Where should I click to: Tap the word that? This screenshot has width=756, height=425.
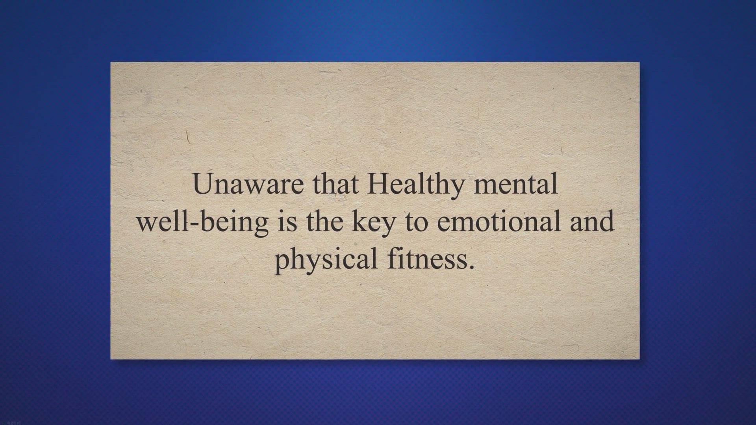(x=336, y=184)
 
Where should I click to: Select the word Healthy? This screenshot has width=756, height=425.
(x=415, y=184)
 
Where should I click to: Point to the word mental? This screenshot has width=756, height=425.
(x=515, y=184)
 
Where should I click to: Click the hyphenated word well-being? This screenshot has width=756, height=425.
(x=202, y=222)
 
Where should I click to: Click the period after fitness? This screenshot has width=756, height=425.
(x=472, y=267)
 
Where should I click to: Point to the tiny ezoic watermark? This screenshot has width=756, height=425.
(x=8, y=422)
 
